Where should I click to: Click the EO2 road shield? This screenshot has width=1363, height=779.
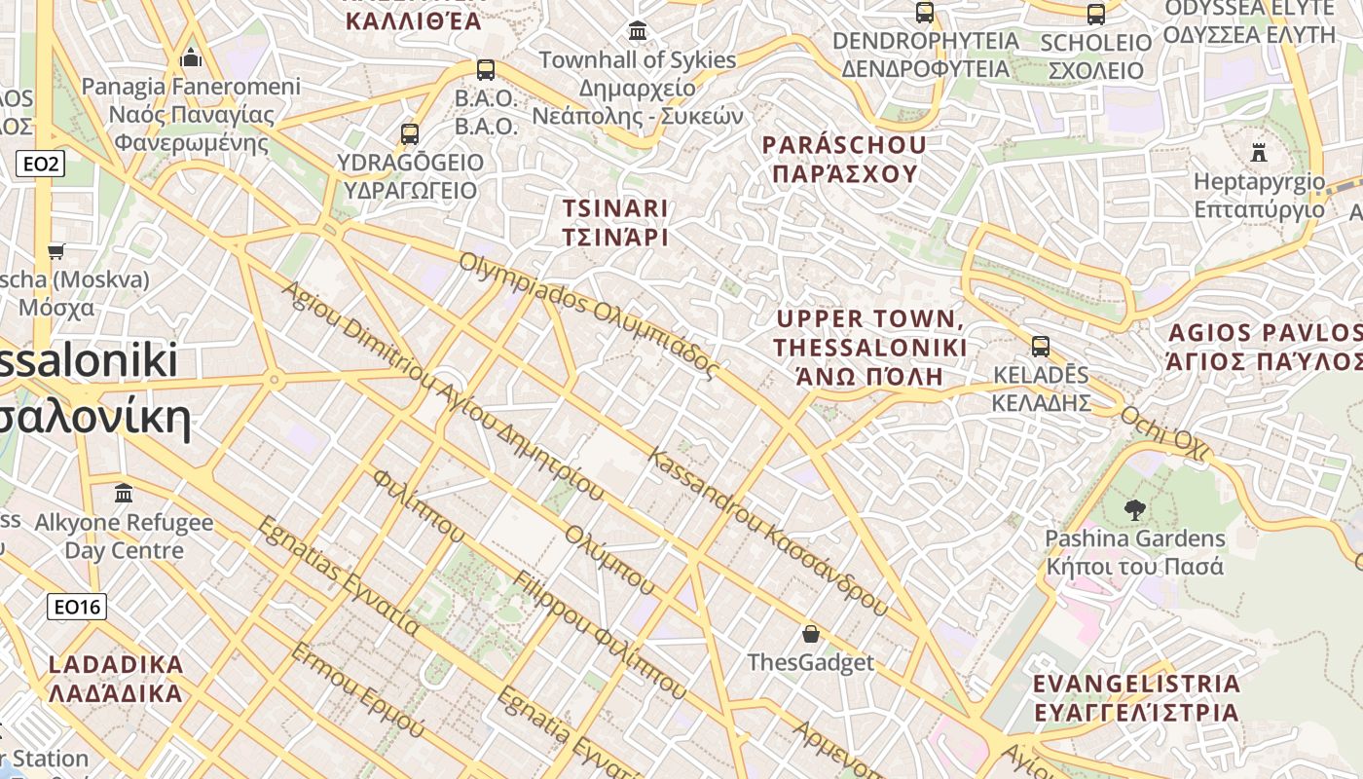[x=40, y=164]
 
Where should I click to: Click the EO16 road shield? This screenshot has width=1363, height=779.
[x=77, y=608]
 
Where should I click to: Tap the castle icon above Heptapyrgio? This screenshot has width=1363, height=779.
[x=1259, y=152]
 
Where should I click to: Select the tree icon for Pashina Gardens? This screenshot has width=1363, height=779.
[x=1134, y=508]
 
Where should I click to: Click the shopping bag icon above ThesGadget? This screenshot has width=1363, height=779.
[x=811, y=634]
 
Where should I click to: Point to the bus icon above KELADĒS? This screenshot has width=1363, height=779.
[x=1041, y=346]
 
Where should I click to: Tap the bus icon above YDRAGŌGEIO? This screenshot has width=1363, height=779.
[x=410, y=133]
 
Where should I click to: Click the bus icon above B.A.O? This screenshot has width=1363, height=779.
[x=486, y=70]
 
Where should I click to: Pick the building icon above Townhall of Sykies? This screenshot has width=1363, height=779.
[x=638, y=31]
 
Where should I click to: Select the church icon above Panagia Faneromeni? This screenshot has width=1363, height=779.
[x=191, y=57]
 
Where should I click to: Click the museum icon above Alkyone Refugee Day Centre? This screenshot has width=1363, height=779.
[x=124, y=493]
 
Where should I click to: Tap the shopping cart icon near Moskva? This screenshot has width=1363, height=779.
[x=56, y=251]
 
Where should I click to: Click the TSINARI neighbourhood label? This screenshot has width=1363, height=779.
[x=615, y=222]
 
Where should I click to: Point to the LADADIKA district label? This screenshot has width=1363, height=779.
[x=116, y=679]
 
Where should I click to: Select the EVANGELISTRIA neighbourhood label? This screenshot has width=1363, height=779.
[x=1136, y=697]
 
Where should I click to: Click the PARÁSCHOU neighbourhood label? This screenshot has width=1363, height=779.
[x=843, y=159]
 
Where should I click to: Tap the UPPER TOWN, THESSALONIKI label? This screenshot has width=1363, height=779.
[x=869, y=348]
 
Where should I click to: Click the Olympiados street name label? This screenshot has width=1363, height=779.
[x=588, y=316]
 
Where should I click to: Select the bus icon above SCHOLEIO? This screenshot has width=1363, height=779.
[x=1096, y=14]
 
